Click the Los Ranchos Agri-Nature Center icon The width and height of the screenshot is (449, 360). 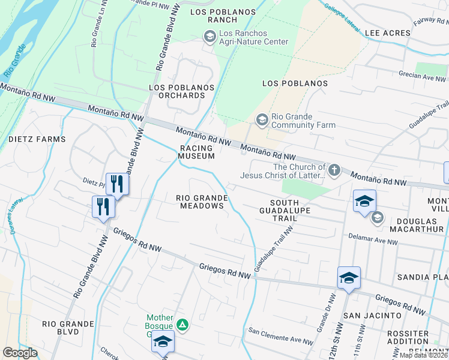tap(209, 37)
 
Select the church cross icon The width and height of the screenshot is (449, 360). tap(334, 171)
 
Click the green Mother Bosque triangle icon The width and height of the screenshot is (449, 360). tap(183, 326)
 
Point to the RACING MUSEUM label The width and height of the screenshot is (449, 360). tap(196, 152)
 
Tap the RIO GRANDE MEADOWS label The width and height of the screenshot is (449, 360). tap(202, 202)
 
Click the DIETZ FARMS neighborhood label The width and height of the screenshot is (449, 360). tap(37, 139)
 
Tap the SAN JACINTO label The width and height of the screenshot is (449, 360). tap(372, 315)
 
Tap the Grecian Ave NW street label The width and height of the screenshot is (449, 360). tap(424, 77)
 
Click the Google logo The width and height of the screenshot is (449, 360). tap(20, 353)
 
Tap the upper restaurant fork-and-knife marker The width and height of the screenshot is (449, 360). tap(117, 184)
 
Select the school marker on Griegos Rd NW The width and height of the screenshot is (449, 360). tap(349, 278)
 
